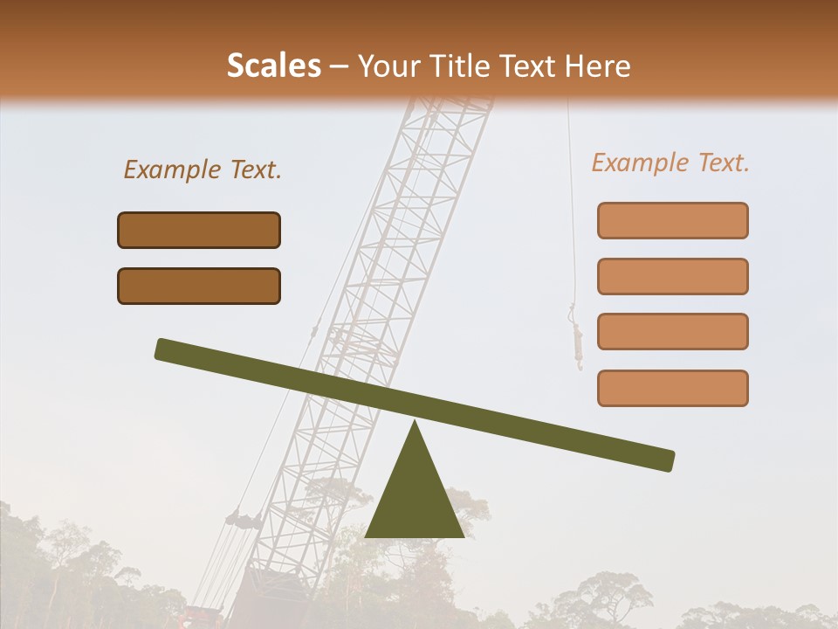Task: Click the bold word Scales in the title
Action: [274, 66]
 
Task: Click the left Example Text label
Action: [203, 169]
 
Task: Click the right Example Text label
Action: [670, 162]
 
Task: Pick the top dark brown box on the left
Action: [199, 230]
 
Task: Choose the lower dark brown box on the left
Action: [199, 286]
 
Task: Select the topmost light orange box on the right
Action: [672, 220]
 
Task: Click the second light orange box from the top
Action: [672, 276]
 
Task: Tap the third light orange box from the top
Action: [672, 331]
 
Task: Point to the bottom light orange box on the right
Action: [672, 388]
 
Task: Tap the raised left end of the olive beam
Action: [166, 349]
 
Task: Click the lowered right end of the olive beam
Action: [663, 460]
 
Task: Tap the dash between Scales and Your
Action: [340, 66]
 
